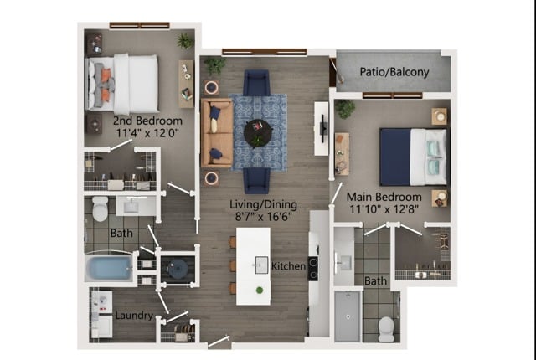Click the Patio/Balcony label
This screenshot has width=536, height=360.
394,72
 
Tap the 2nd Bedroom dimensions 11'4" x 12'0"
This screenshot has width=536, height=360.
147,133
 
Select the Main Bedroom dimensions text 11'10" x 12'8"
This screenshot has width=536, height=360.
384,209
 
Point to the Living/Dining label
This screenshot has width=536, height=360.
263,204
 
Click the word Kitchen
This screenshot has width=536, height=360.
288,266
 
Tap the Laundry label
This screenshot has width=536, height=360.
134,316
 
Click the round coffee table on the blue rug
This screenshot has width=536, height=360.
258,133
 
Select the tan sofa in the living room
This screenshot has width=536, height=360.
217,133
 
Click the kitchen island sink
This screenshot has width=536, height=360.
261,265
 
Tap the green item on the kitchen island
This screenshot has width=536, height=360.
260,290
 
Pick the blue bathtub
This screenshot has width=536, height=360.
109,267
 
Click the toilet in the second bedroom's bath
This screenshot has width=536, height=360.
100,208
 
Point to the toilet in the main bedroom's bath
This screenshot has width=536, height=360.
386,329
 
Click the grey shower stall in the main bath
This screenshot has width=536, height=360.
348,316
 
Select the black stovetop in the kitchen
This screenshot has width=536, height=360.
312,269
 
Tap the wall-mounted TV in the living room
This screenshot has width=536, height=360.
322,128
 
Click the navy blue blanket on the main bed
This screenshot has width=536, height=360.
395,157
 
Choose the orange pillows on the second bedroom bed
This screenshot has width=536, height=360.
106,85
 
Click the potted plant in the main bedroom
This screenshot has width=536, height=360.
344,109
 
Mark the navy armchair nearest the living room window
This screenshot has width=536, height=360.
256,83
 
